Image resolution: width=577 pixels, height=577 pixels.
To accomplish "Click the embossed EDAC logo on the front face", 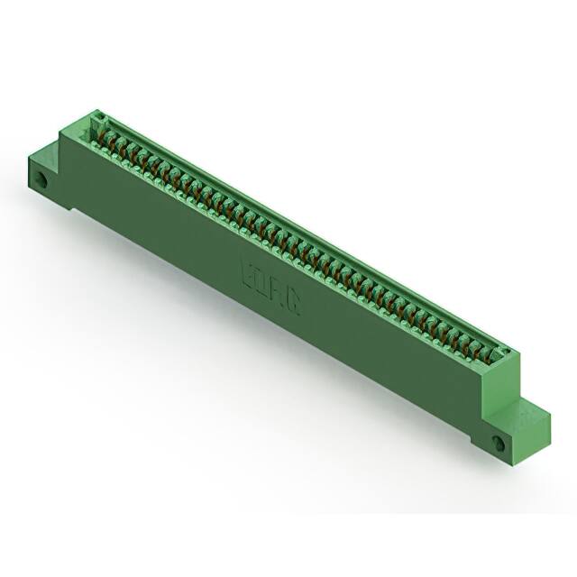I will click(x=270, y=281).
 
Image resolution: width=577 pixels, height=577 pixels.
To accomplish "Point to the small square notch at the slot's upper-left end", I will click(x=98, y=117).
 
